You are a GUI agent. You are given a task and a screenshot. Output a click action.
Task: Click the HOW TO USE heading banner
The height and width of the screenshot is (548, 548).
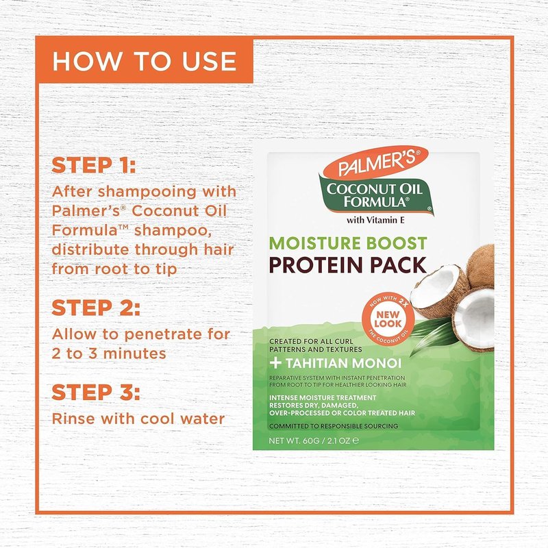pyautogui.click(x=144, y=60)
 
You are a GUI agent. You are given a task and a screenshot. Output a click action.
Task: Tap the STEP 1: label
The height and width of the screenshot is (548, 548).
pyautogui.click(x=93, y=165)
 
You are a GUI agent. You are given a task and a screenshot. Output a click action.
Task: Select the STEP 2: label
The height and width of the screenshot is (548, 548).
pyautogui.click(x=96, y=308)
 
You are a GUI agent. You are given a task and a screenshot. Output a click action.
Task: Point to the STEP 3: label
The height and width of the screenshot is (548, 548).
pyautogui.click(x=96, y=392)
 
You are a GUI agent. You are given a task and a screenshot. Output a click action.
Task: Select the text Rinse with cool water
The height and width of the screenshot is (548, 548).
pyautogui.click(x=138, y=419)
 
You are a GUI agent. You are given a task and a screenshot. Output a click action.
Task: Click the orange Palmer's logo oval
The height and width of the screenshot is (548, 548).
pyautogui.click(x=376, y=163)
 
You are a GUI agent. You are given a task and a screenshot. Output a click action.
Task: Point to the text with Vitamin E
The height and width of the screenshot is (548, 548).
pyautogui.click(x=375, y=220)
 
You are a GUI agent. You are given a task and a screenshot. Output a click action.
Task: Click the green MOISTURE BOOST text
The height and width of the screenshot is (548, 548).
pyautogui.click(x=348, y=243)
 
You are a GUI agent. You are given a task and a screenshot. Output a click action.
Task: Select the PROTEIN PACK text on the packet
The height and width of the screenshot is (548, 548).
pyautogui.click(x=348, y=265)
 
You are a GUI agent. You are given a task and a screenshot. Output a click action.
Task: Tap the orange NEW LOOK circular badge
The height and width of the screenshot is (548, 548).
pyautogui.click(x=388, y=319)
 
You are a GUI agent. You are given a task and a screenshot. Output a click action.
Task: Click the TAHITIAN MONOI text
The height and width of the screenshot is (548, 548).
pyautogui.click(x=344, y=364)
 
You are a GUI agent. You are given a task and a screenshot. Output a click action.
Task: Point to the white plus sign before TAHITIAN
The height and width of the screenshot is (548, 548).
pyautogui.click(x=275, y=363)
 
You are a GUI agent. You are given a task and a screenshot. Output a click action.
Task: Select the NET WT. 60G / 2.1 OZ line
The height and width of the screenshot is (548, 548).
pyautogui.click(x=314, y=440)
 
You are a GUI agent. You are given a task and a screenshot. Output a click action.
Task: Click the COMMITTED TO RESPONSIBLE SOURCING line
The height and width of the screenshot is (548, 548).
pyautogui.click(x=334, y=426)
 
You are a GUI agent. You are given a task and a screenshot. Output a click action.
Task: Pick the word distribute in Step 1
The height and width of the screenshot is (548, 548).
pyautogui.click(x=91, y=250)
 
